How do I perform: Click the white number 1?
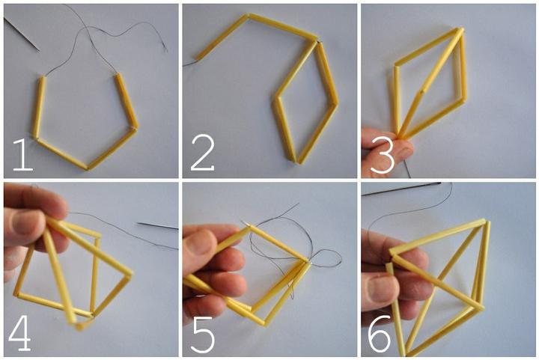(22, 155)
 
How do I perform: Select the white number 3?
(383, 155)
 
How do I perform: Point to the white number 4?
(20, 333)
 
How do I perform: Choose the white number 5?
(203, 335)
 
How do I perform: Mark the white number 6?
(380, 332)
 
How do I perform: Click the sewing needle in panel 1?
(21, 34)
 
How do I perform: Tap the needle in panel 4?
(158, 226)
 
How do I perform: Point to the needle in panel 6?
(401, 189)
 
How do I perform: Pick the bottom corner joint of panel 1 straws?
(87, 168)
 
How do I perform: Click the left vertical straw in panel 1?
(38, 107)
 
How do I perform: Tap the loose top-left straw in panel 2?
(222, 37)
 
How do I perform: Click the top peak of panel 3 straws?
(460, 31)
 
